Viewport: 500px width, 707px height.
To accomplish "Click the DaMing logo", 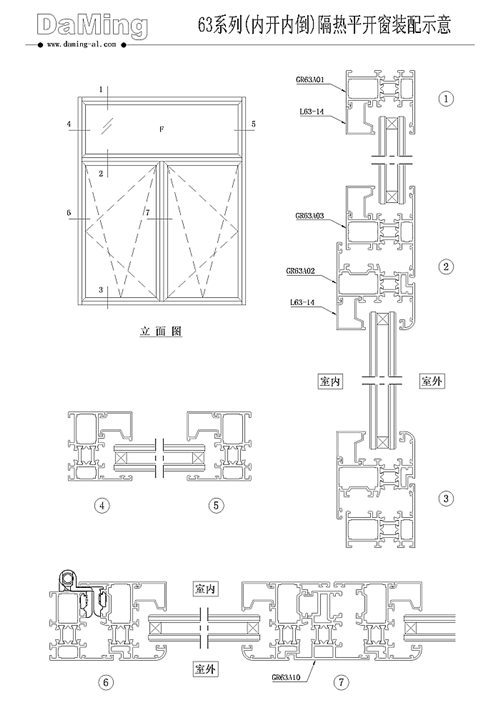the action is [92, 26].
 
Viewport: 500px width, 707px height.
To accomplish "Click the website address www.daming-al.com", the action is [82, 45].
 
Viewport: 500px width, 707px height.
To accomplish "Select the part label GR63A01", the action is [310, 80].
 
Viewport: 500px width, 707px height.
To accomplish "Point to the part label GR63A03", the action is [310, 216].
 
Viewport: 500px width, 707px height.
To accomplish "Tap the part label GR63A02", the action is [300, 271].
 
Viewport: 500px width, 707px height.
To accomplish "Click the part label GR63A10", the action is [286, 677].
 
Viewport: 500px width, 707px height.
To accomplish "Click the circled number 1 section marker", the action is [446, 98].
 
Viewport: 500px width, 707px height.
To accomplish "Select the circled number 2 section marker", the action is [446, 266].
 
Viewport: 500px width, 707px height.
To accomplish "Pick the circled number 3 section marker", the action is [446, 498].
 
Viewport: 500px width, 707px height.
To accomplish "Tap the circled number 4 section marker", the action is [102, 505].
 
